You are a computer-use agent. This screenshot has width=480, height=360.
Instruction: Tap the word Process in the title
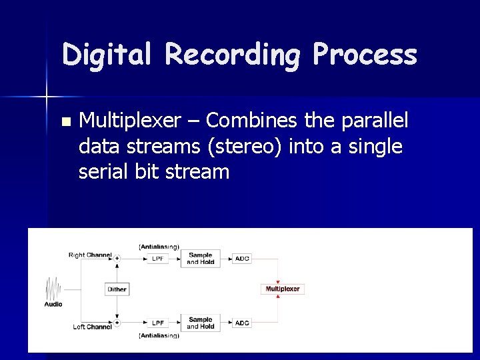365,55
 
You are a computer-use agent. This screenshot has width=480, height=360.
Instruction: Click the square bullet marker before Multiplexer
65,122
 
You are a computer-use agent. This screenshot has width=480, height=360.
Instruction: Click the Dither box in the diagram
117,289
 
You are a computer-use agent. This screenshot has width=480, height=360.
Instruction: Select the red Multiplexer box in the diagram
283,289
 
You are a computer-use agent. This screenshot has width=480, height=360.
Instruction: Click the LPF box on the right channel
158,258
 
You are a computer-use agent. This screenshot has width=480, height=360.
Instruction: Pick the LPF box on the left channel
158,323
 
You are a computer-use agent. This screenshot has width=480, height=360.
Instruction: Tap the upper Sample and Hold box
201,258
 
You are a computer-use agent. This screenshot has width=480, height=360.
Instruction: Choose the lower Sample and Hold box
201,323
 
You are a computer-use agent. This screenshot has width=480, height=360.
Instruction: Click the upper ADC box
242,258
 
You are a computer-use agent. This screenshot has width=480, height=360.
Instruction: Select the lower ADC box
242,323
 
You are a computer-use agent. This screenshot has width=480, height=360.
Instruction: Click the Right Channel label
89,255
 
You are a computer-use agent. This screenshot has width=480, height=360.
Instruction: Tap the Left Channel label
92,327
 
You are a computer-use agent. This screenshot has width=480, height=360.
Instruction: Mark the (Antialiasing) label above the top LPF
159,247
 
